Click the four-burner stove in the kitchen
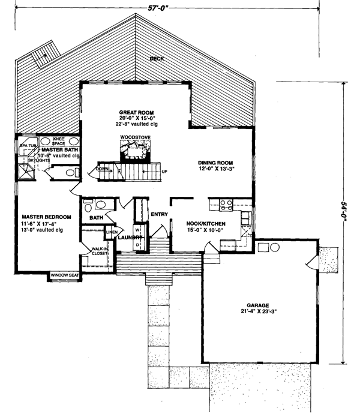tap(226, 205)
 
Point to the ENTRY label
tap(159, 214)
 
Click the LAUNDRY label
tap(128, 238)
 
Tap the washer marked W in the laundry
tap(137, 230)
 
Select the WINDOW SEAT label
tap(65, 275)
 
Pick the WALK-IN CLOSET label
tap(99, 251)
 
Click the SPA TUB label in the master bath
tap(28, 145)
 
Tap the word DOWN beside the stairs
tap(103, 170)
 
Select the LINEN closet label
tap(112, 232)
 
